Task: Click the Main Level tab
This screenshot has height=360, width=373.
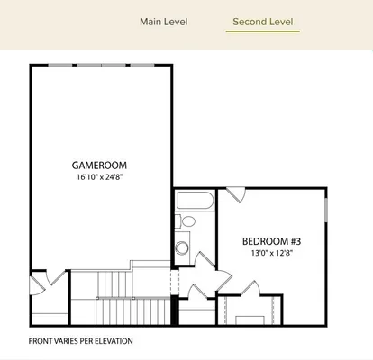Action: pyautogui.click(x=163, y=22)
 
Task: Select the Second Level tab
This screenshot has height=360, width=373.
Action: pyautogui.click(x=262, y=22)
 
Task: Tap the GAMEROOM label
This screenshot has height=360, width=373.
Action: pyautogui.click(x=99, y=166)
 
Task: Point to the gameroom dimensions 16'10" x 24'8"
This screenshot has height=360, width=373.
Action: pyautogui.click(x=99, y=178)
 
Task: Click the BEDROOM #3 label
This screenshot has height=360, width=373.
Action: pyautogui.click(x=270, y=241)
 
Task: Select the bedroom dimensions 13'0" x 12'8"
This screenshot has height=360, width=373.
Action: pyautogui.click(x=270, y=254)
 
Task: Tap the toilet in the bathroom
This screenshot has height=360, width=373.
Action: pyautogui.click(x=188, y=222)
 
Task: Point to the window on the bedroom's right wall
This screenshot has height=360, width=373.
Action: pyautogui.click(x=326, y=216)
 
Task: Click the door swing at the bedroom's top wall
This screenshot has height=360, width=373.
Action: pyautogui.click(x=234, y=193)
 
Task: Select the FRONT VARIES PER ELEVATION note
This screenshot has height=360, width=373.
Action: pyautogui.click(x=80, y=341)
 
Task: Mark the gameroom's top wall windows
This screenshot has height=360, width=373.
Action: pyautogui.click(x=101, y=65)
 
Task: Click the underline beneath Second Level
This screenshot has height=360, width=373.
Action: pyautogui.click(x=262, y=32)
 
